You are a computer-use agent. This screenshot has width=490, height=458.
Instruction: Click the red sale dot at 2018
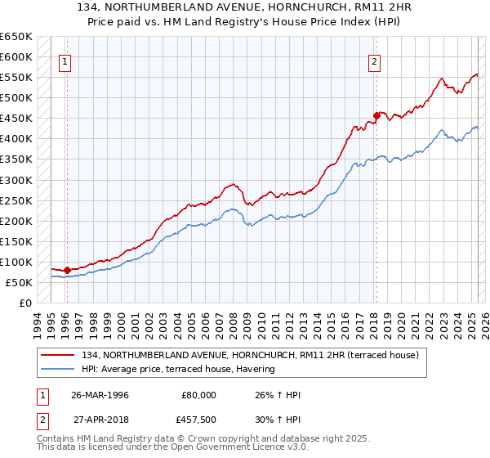click(376, 115)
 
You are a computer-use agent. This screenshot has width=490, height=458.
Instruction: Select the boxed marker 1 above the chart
click(64, 61)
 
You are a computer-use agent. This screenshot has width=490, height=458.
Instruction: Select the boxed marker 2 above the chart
click(374, 61)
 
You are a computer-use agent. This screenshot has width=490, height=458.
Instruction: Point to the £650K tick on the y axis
click(16, 37)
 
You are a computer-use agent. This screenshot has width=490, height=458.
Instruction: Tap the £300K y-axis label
click(16, 180)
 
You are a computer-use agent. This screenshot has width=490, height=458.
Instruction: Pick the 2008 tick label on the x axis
click(234, 322)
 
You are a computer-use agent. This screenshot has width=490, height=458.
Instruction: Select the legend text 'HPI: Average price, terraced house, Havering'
click(178, 369)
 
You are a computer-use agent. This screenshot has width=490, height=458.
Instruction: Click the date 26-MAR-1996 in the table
click(100, 395)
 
